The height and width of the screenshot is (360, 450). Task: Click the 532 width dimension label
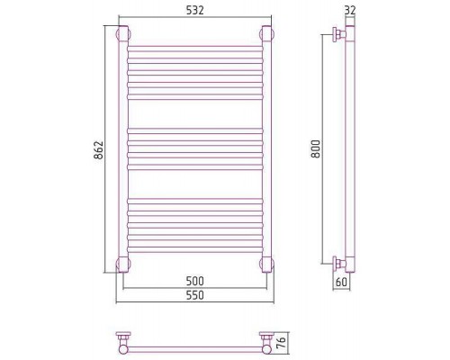pos(195,10)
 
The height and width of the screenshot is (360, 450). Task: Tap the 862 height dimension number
pos(99,149)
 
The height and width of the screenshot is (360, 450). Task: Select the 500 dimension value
pos(195,281)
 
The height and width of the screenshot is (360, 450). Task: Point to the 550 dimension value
pos(195,295)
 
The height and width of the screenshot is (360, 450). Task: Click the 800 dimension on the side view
pos(316,148)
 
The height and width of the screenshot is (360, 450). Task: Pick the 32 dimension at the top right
pos(350,10)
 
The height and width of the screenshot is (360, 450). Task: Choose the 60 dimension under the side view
pos(341,282)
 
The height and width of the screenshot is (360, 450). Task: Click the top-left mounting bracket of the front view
pos(123,33)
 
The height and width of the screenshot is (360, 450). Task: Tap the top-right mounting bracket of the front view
pos(266,33)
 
